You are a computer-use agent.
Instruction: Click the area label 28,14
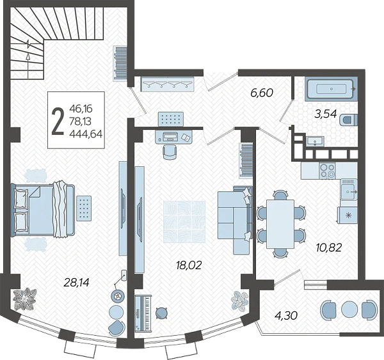coord(76,283)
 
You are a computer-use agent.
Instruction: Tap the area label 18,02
coord(189,265)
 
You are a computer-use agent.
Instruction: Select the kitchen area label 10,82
coord(329,247)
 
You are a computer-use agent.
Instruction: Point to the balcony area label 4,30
coord(286,315)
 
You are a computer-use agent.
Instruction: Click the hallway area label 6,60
coord(262,93)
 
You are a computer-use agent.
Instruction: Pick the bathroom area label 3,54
coord(326,114)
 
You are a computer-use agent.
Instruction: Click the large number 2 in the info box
coord(58,121)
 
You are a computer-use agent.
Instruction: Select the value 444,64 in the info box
coord(86,134)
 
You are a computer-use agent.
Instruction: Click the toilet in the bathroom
coord(349,120)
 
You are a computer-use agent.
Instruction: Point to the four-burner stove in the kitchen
coord(328,171)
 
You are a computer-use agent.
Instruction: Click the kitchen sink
coord(349,189)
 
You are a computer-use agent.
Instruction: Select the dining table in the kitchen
coord(280,224)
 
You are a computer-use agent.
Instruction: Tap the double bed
coord(43,210)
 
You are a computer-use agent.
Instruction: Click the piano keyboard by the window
coord(143,313)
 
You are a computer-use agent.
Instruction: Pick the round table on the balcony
coord(349,309)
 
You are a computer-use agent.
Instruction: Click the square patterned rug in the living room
coord(184,222)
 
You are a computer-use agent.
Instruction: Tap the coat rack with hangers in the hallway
coord(168,84)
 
